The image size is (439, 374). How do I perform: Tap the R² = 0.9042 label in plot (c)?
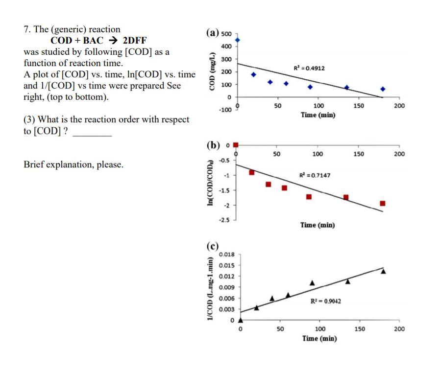coord(326,301)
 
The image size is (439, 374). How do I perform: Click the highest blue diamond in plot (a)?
coord(238,40)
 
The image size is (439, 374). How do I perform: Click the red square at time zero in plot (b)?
coord(236,144)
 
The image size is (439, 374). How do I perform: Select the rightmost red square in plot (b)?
coord(383,203)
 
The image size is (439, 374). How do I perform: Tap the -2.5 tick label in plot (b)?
coord(225,220)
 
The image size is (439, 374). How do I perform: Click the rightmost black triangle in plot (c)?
coord(383,271)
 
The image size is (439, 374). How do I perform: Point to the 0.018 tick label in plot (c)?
coord(226,254)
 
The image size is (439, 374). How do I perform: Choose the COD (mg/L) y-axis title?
coord(212,71)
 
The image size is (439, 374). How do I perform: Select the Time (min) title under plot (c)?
coord(319,338)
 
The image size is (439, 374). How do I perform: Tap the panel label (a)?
coord(214,33)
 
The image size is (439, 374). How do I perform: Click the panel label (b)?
coord(214,145)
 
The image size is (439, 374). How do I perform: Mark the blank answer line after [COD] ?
coord(92,133)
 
